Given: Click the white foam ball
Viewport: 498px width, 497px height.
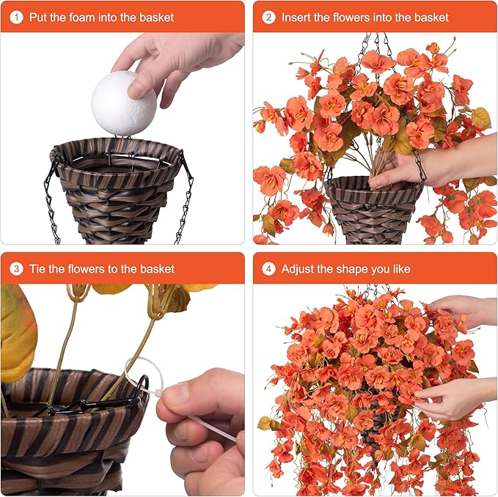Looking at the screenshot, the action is point(124,103).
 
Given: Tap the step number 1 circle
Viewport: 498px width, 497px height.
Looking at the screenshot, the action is point(16,17).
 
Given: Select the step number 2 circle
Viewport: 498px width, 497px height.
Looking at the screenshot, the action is point(268,17).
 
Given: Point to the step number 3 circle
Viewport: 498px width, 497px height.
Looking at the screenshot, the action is point(16,269).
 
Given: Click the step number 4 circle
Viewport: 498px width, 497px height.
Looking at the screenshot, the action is point(268,269).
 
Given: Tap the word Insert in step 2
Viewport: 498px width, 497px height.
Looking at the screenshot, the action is point(296,17).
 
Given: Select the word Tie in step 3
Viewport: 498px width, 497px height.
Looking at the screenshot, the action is point(38,269).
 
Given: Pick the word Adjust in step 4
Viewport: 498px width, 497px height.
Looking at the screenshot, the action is point(297,270).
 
